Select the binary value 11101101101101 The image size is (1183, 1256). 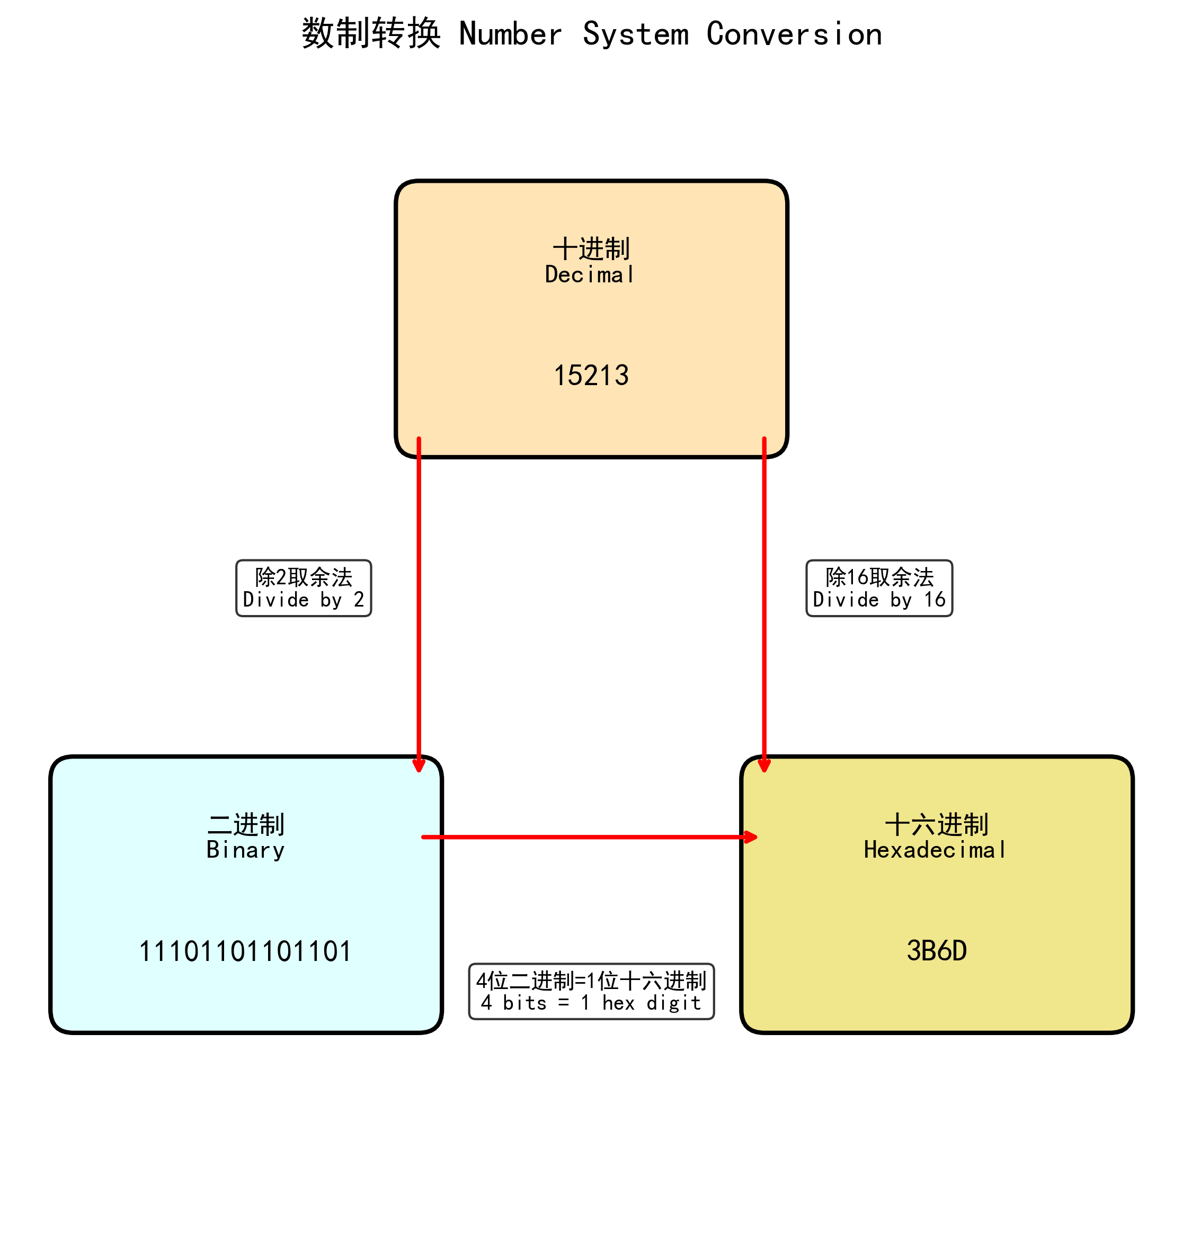245,951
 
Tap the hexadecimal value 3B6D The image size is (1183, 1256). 937,951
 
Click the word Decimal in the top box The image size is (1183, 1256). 590,275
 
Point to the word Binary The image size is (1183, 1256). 245,850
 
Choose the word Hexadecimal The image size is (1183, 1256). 935,850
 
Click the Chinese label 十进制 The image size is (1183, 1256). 591,248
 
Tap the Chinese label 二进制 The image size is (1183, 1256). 246,824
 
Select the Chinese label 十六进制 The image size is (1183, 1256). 937,824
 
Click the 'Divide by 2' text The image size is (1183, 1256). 304,600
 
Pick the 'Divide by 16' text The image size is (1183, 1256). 879,600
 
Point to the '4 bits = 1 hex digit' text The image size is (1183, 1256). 591,1003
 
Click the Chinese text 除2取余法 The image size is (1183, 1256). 304,576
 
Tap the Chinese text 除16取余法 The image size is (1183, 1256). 879,576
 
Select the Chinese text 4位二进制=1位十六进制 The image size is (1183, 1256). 591,981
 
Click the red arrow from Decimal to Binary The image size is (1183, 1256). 419,600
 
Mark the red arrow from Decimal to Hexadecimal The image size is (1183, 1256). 764,600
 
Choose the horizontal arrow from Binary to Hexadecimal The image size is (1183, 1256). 588,837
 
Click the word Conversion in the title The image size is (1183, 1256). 794,34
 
